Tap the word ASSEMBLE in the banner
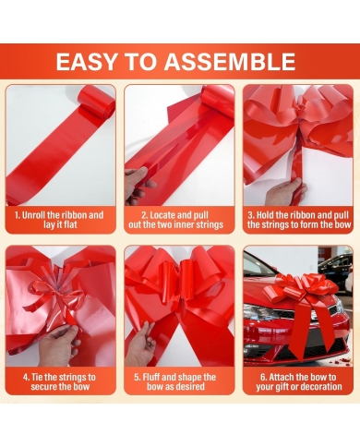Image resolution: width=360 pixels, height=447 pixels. point(230,62)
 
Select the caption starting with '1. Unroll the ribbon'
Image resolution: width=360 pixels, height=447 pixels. point(59,220)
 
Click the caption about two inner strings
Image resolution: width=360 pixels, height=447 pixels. point(175,220)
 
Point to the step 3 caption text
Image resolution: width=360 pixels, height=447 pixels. point(299,220)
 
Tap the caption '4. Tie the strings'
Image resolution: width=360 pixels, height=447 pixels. point(59,381)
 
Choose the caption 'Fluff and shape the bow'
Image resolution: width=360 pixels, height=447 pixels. point(175,381)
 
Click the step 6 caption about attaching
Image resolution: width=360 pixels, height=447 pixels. point(298,381)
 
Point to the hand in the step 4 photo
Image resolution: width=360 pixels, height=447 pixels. point(59,344)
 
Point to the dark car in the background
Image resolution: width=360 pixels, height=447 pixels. point(335,269)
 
